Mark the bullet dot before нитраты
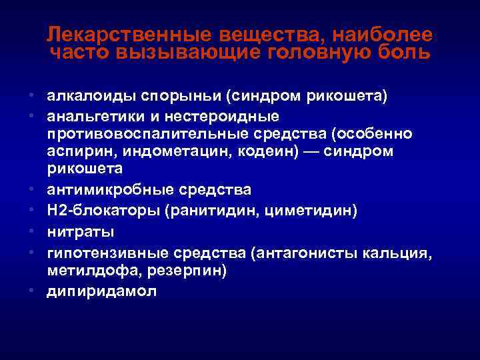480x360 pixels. (33, 232)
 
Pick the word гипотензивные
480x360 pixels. (108, 253)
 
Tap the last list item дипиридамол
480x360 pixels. (101, 292)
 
